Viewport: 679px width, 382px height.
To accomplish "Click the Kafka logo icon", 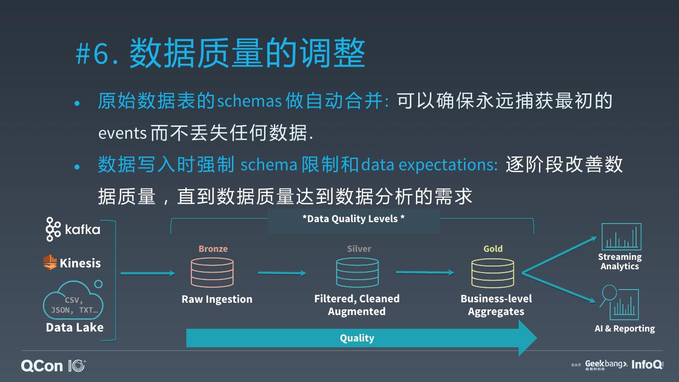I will [53, 229].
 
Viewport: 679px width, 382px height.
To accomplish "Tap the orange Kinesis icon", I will [50, 262].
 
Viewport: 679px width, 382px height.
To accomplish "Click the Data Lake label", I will [75, 327].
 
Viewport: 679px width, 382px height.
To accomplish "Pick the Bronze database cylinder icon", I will [212, 273].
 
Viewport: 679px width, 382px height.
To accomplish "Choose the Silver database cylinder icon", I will [357, 273].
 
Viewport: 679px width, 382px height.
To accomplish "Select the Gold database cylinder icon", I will [493, 273].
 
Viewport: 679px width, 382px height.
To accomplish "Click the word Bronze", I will [213, 249].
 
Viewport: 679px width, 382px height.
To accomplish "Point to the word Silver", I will [359, 249].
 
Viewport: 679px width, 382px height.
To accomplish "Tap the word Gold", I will [493, 249].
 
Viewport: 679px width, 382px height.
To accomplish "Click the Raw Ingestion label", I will [217, 299].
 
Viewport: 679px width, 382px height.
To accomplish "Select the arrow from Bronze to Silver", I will [282, 273].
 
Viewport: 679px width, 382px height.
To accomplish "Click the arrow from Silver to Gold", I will [424, 272].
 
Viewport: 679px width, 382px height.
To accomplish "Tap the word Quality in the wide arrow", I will [357, 338].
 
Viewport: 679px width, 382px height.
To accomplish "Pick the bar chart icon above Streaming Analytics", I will [621, 237].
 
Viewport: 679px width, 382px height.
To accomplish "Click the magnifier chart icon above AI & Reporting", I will [620, 303].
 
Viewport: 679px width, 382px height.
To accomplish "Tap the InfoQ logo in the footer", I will [647, 365].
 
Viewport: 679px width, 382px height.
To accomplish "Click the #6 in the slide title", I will [93, 54].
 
